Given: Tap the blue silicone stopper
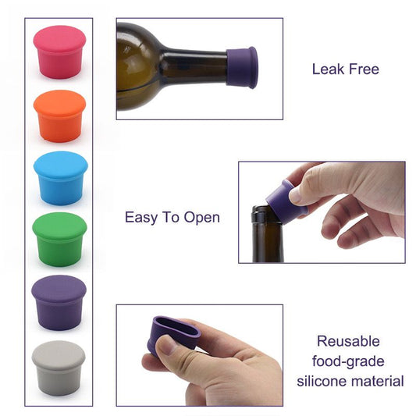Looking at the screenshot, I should click(x=59, y=178).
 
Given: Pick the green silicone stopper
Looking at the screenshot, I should click(x=59, y=240).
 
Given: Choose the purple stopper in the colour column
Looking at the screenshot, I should click(x=59, y=303).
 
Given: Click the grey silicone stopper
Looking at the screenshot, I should click(x=59, y=367).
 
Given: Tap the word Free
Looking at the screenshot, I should click(x=364, y=69).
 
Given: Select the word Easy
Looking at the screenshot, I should click(x=141, y=217).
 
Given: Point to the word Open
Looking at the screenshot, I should click(x=202, y=218).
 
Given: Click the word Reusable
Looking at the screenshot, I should click(x=348, y=341).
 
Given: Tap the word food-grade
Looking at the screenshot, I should click(x=348, y=361).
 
